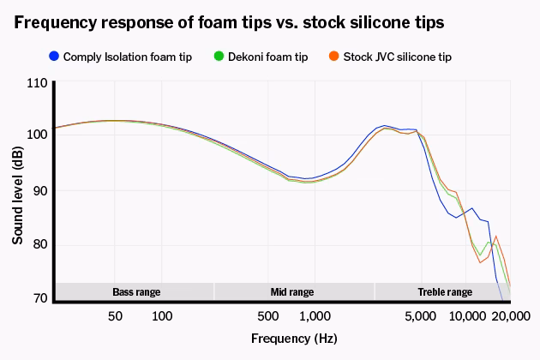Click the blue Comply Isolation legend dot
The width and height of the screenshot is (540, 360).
(x=54, y=57)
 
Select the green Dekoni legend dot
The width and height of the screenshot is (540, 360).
(x=219, y=57)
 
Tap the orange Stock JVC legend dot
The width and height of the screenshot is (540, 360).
(x=333, y=57)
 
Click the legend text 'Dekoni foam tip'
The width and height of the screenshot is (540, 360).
(x=268, y=57)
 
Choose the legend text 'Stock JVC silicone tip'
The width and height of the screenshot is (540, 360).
(x=398, y=57)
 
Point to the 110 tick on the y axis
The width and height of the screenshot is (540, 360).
(x=37, y=83)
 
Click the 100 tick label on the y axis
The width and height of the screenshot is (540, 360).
(x=37, y=134)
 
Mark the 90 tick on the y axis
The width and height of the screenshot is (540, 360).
(x=40, y=190)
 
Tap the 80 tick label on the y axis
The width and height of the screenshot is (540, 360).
(x=40, y=244)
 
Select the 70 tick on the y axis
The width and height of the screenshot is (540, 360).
(x=40, y=298)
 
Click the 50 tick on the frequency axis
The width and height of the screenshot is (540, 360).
(x=115, y=316)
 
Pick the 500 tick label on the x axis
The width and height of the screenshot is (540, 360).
(x=268, y=316)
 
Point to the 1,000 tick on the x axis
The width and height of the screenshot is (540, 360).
(x=315, y=316)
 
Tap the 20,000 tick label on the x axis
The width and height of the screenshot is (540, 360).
(x=511, y=316)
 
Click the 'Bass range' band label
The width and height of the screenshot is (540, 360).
(x=136, y=292)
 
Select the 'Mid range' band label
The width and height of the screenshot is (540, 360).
(x=292, y=292)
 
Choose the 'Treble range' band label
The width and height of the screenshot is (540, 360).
(x=445, y=292)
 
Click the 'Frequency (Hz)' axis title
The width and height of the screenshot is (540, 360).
(x=294, y=339)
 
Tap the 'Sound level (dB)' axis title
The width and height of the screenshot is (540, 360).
(x=17, y=195)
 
